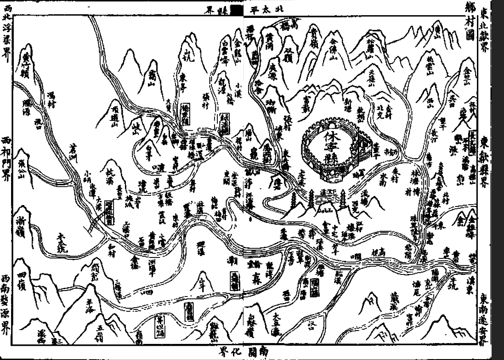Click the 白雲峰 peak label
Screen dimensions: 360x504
(x=225, y=50)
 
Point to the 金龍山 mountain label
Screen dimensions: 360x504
(x=237, y=48)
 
